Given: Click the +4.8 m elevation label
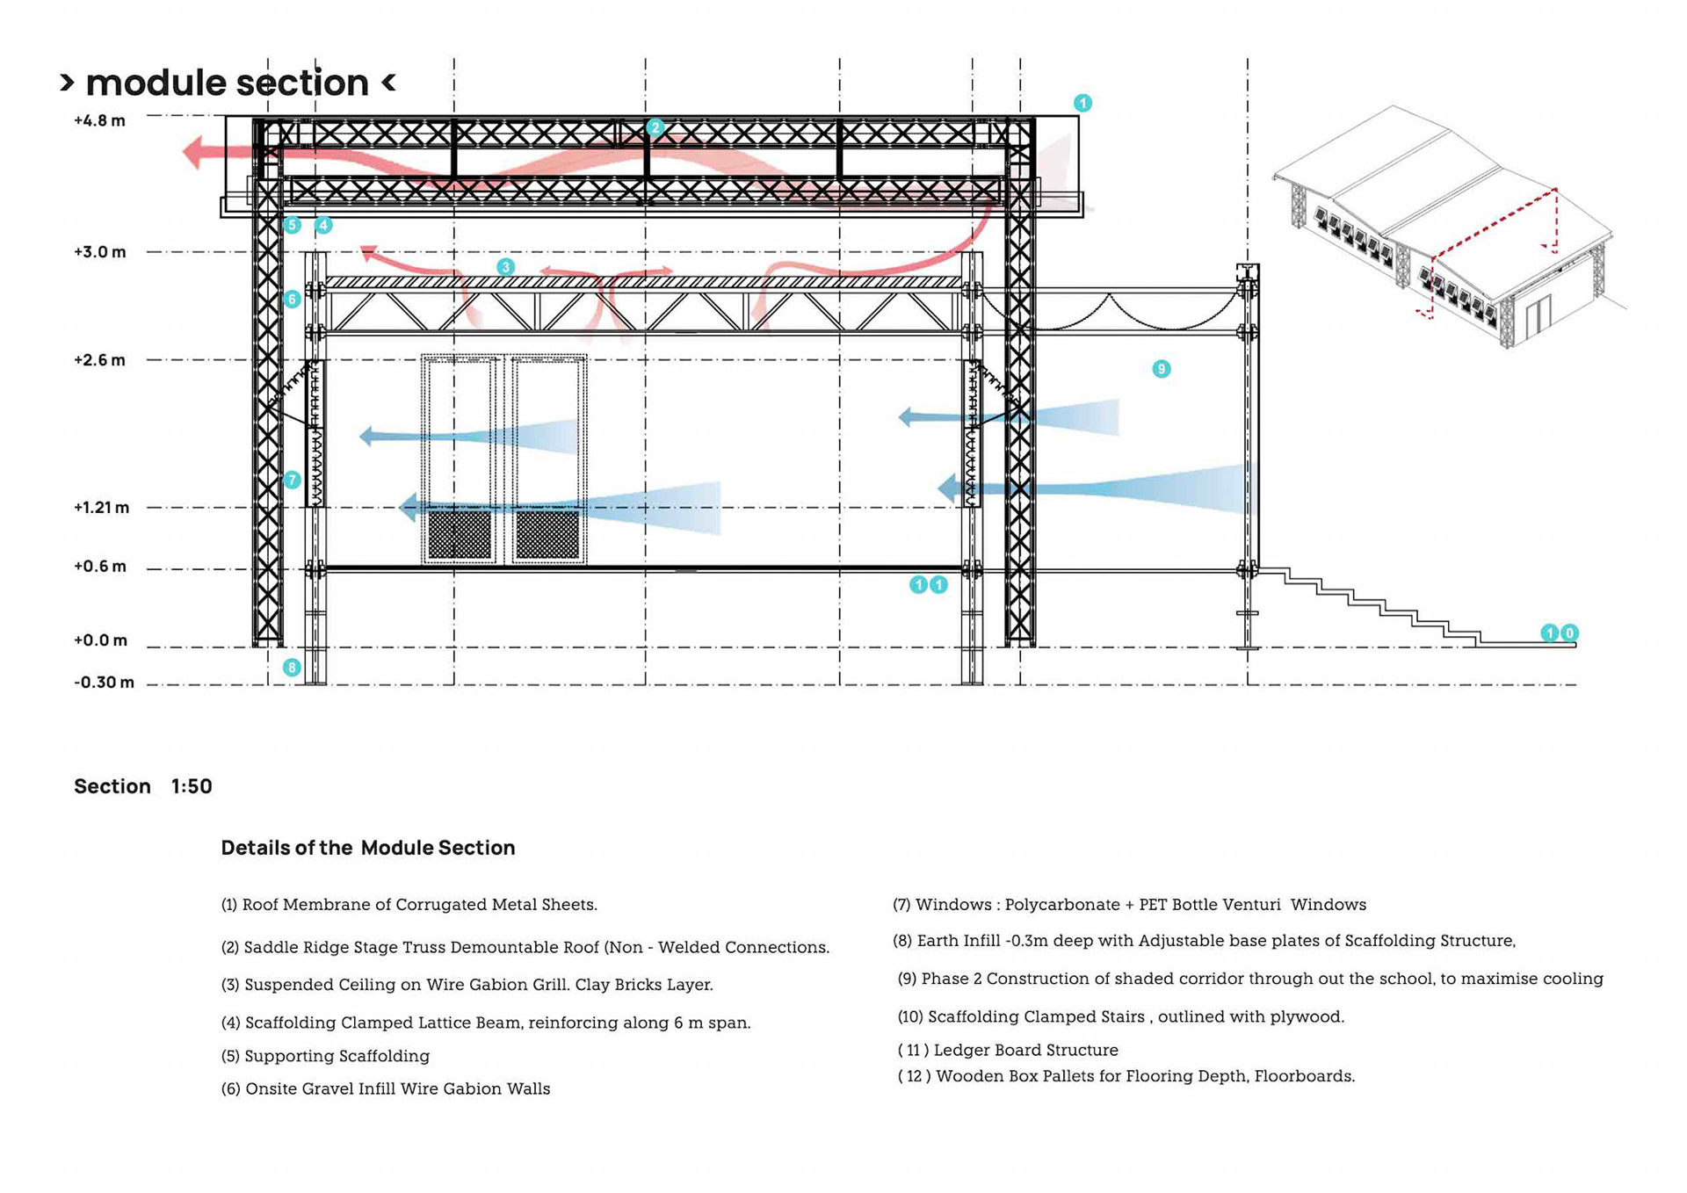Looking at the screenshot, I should click(99, 120).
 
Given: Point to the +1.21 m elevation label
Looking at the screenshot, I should click(101, 508).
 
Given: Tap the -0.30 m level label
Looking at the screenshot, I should click(104, 683).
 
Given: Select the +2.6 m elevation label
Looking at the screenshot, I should click(99, 360).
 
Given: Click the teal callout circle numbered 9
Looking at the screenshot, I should click(1161, 369).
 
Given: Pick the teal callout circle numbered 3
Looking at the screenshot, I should click(505, 267).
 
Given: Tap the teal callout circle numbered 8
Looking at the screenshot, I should click(292, 668).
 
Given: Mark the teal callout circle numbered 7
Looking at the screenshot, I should click(292, 480).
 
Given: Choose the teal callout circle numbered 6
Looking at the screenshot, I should click(292, 300).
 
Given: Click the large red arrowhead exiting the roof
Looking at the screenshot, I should click(195, 152).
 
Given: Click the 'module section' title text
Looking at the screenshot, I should click(228, 83).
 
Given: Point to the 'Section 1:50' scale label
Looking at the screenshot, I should click(143, 786).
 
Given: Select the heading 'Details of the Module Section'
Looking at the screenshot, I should click(367, 848).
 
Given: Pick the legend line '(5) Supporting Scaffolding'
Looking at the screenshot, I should click(325, 1056).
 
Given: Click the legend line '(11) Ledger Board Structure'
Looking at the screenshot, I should click(1007, 1050).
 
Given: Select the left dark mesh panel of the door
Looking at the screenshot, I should click(460, 534).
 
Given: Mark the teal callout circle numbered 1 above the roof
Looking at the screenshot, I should click(1082, 104).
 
